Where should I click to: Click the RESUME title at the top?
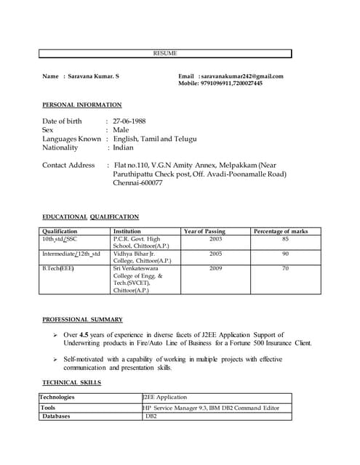click(x=165, y=53)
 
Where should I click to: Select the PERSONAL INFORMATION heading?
click(x=81, y=105)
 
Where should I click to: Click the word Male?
click(x=121, y=129)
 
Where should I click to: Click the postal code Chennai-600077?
click(x=137, y=183)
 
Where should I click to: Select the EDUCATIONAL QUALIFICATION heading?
click(x=90, y=217)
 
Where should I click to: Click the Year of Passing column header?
click(x=205, y=231)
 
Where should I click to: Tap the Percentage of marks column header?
click(x=281, y=231)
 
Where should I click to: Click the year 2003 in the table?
click(x=215, y=238)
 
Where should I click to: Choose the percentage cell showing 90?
click(x=285, y=254)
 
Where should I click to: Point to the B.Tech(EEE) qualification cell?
click(x=58, y=269)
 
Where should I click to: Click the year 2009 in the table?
click(x=215, y=269)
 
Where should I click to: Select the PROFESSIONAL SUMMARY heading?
click(x=82, y=319)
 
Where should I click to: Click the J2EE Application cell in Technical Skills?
click(x=166, y=397)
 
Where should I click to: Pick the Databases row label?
click(x=56, y=416)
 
